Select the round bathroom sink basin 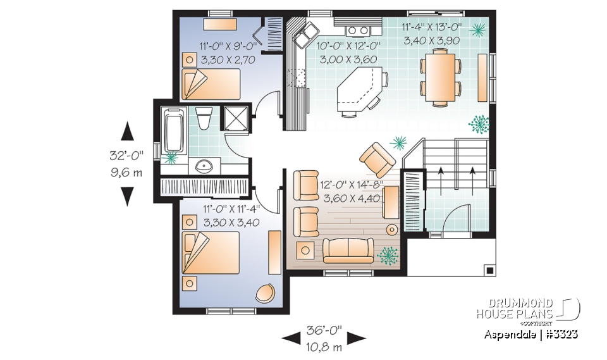(204, 166)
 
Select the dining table (441, 77)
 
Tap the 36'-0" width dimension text (324, 330)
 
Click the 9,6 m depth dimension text (126, 171)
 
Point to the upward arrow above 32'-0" (127, 132)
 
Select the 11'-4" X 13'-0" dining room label (441, 27)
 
